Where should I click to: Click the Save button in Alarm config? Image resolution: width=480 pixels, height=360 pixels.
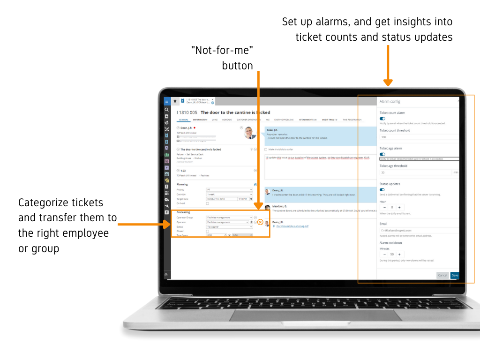pyautogui.click(x=455, y=275)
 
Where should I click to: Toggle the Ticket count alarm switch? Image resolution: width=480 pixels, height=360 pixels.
pyautogui.click(x=382, y=119)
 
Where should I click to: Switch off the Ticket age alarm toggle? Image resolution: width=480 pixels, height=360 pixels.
pyautogui.click(x=382, y=154)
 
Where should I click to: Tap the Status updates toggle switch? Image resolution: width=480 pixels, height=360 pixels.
pyautogui.click(x=382, y=189)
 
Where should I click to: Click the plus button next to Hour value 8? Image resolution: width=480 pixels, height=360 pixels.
pyautogui.click(x=399, y=207)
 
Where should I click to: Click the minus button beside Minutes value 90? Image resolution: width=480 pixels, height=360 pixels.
pyautogui.click(x=385, y=254)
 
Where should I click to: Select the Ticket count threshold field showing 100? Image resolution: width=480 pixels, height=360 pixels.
pyautogui.click(x=419, y=137)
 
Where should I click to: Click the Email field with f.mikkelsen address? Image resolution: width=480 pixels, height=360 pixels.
pyautogui.click(x=419, y=231)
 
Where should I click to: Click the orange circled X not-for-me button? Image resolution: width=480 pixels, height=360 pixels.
pyautogui.click(x=260, y=222)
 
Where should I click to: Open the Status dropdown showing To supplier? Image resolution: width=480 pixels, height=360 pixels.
pyautogui.click(x=229, y=227)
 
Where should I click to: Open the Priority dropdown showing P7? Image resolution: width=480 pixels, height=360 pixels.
pyautogui.click(x=229, y=190)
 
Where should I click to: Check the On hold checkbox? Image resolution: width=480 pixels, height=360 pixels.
pyautogui.click(x=208, y=203)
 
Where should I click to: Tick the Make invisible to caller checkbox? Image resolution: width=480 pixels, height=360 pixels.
pyautogui.click(x=266, y=150)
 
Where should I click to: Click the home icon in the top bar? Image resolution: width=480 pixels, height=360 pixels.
pyautogui.click(x=175, y=100)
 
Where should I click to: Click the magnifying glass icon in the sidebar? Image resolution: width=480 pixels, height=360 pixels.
pyautogui.click(x=166, y=110)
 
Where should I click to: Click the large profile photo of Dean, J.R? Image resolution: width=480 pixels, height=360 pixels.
pyautogui.click(x=250, y=133)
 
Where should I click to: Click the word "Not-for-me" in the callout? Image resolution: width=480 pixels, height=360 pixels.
pyautogui.click(x=225, y=50)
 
